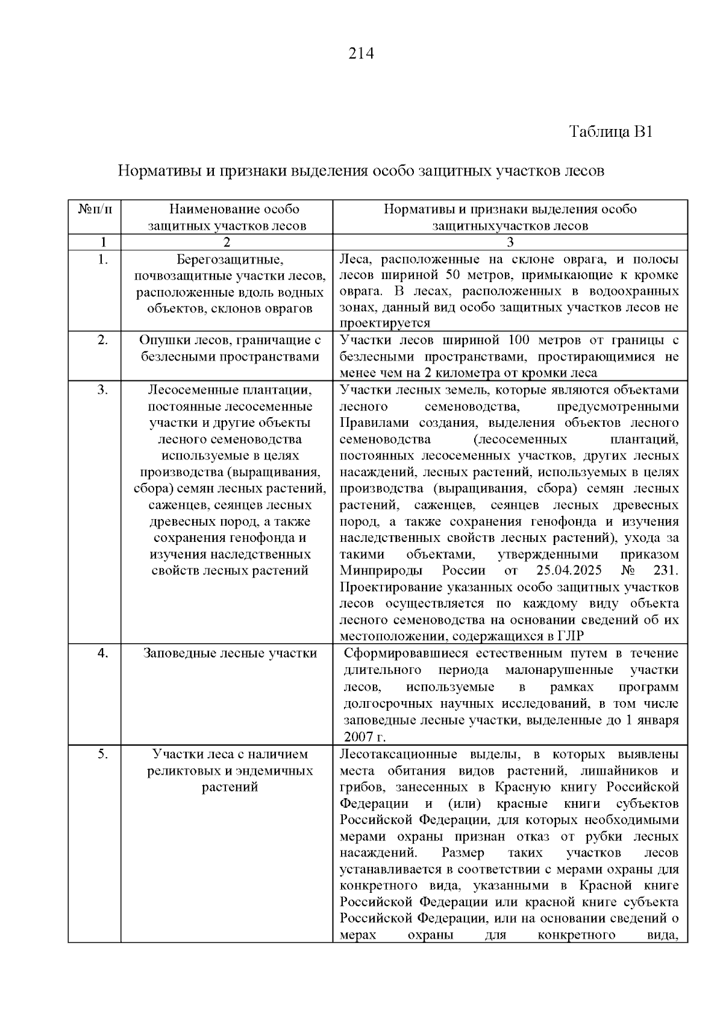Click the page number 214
coord(361,54)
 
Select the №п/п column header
coord(95,209)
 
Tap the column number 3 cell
coord(510,242)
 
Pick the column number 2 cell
coord(227,242)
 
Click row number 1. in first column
coord(102,260)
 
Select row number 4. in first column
coord(102,653)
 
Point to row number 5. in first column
coord(102,754)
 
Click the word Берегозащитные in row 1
coord(230,260)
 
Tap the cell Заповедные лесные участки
coord(230,653)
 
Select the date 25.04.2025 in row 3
coord(563,571)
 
